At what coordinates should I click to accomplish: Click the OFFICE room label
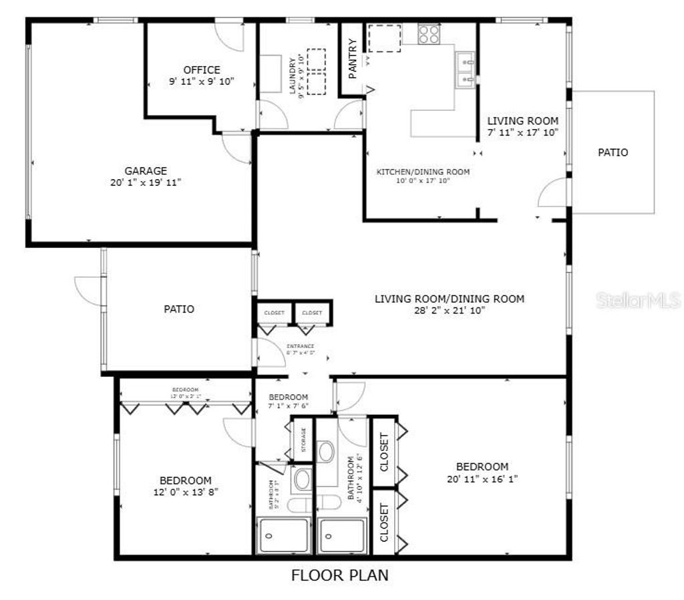202,70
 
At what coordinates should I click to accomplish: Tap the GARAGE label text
146,171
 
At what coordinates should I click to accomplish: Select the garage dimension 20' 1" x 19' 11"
146,182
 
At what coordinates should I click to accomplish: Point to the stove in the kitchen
429,33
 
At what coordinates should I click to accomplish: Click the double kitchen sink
466,70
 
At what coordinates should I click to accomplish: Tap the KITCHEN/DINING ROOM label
423,172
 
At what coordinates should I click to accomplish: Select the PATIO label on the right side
613,152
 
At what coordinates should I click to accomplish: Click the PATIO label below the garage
179,309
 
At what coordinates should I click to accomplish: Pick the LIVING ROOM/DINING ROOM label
449,299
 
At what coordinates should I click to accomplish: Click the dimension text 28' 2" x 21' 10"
449,310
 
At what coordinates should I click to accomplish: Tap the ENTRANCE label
300,346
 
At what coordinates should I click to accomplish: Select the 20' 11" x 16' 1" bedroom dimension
482,478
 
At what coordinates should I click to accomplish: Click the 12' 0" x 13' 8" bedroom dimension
185,492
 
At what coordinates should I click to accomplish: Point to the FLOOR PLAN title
339,575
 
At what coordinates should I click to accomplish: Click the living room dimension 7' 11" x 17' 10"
522,132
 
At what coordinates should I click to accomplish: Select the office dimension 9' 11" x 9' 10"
202,82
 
